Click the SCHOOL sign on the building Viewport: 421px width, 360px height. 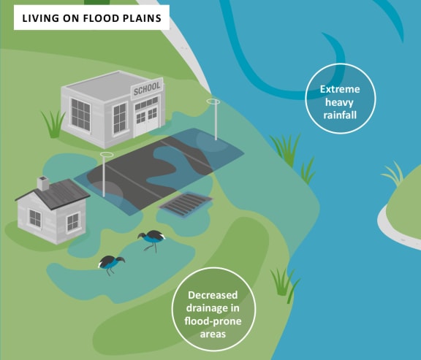click(x=147, y=88)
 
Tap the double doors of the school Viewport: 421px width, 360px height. click(x=147, y=120)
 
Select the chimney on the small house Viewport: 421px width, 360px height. click(x=43, y=183)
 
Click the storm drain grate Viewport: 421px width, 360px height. click(x=186, y=204)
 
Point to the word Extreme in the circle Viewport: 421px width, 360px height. click(x=340, y=89)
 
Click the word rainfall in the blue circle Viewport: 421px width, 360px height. click(x=340, y=115)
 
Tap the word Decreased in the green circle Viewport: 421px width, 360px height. click(x=213, y=295)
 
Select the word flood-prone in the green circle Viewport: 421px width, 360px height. click(x=213, y=321)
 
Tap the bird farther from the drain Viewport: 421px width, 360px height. click(x=111, y=264)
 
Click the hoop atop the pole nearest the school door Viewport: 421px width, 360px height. click(x=213, y=102)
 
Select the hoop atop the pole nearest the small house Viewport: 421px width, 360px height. click(x=107, y=155)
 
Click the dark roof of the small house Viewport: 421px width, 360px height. click(x=53, y=194)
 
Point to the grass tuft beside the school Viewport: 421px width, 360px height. click(x=53, y=123)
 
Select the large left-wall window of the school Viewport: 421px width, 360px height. click(x=80, y=115)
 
